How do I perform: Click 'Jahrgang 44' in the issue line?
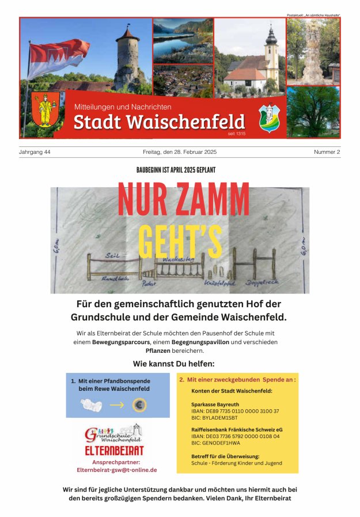click(35, 152)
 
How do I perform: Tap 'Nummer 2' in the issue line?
click(327, 152)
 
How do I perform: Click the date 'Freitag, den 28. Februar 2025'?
click(180, 152)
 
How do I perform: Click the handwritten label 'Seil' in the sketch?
click(112, 255)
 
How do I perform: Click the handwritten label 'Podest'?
click(149, 285)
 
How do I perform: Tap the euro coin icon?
click(139, 405)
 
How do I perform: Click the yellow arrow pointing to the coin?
click(117, 405)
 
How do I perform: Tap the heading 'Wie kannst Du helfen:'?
click(174, 364)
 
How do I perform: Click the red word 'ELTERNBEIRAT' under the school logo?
click(114, 451)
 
